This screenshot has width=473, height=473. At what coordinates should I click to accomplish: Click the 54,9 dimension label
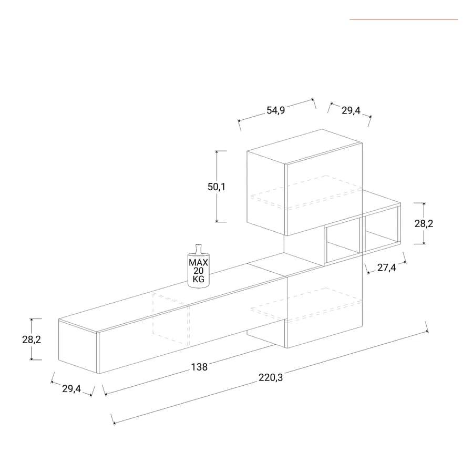pyautogui.click(x=276, y=110)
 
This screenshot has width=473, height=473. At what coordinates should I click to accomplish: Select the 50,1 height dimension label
pyautogui.click(x=217, y=187)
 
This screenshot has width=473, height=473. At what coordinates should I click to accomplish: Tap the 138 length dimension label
pyautogui.click(x=199, y=367)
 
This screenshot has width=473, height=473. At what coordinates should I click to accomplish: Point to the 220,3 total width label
pyautogui.click(x=271, y=377)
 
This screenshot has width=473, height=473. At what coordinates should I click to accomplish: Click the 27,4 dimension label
pyautogui.click(x=386, y=268)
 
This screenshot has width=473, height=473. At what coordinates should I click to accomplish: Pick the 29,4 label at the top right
pyautogui.click(x=351, y=111)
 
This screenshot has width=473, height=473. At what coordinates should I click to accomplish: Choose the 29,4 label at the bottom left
pyautogui.click(x=71, y=389)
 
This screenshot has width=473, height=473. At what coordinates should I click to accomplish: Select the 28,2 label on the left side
pyautogui.click(x=32, y=340)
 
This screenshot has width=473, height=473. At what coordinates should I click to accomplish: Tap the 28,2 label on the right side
pyautogui.click(x=424, y=224)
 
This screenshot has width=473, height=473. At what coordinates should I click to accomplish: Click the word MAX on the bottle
pyautogui.click(x=198, y=262)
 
